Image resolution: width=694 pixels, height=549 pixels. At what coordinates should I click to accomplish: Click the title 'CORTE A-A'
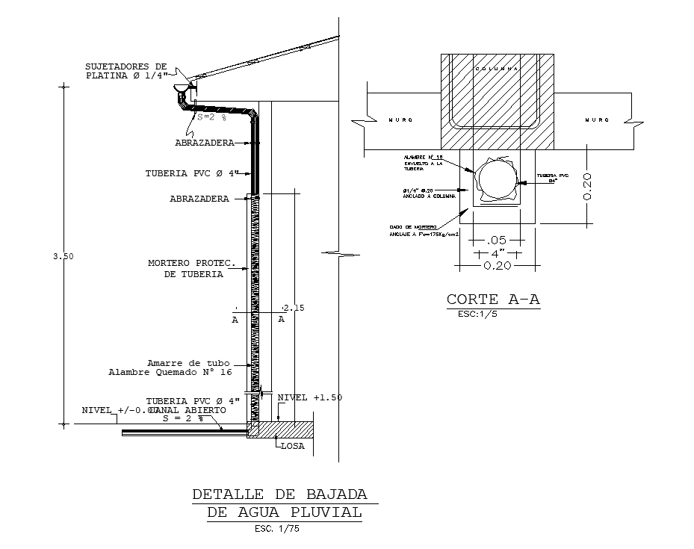492,300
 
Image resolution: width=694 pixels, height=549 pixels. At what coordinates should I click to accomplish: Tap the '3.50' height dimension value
63,256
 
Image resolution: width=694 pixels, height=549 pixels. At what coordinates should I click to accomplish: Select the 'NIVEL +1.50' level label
309,397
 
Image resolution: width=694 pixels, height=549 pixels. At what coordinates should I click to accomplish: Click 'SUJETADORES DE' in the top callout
126,66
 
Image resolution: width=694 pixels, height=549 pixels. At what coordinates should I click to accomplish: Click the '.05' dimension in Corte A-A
497,241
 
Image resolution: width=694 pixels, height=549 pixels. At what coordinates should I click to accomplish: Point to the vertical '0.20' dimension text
587,186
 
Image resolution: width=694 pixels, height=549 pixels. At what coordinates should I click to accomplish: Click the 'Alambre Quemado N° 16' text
170,371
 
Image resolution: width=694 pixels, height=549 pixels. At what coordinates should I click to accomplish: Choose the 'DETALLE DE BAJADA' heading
279,494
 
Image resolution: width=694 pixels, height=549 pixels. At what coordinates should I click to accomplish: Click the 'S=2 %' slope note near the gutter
211,117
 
